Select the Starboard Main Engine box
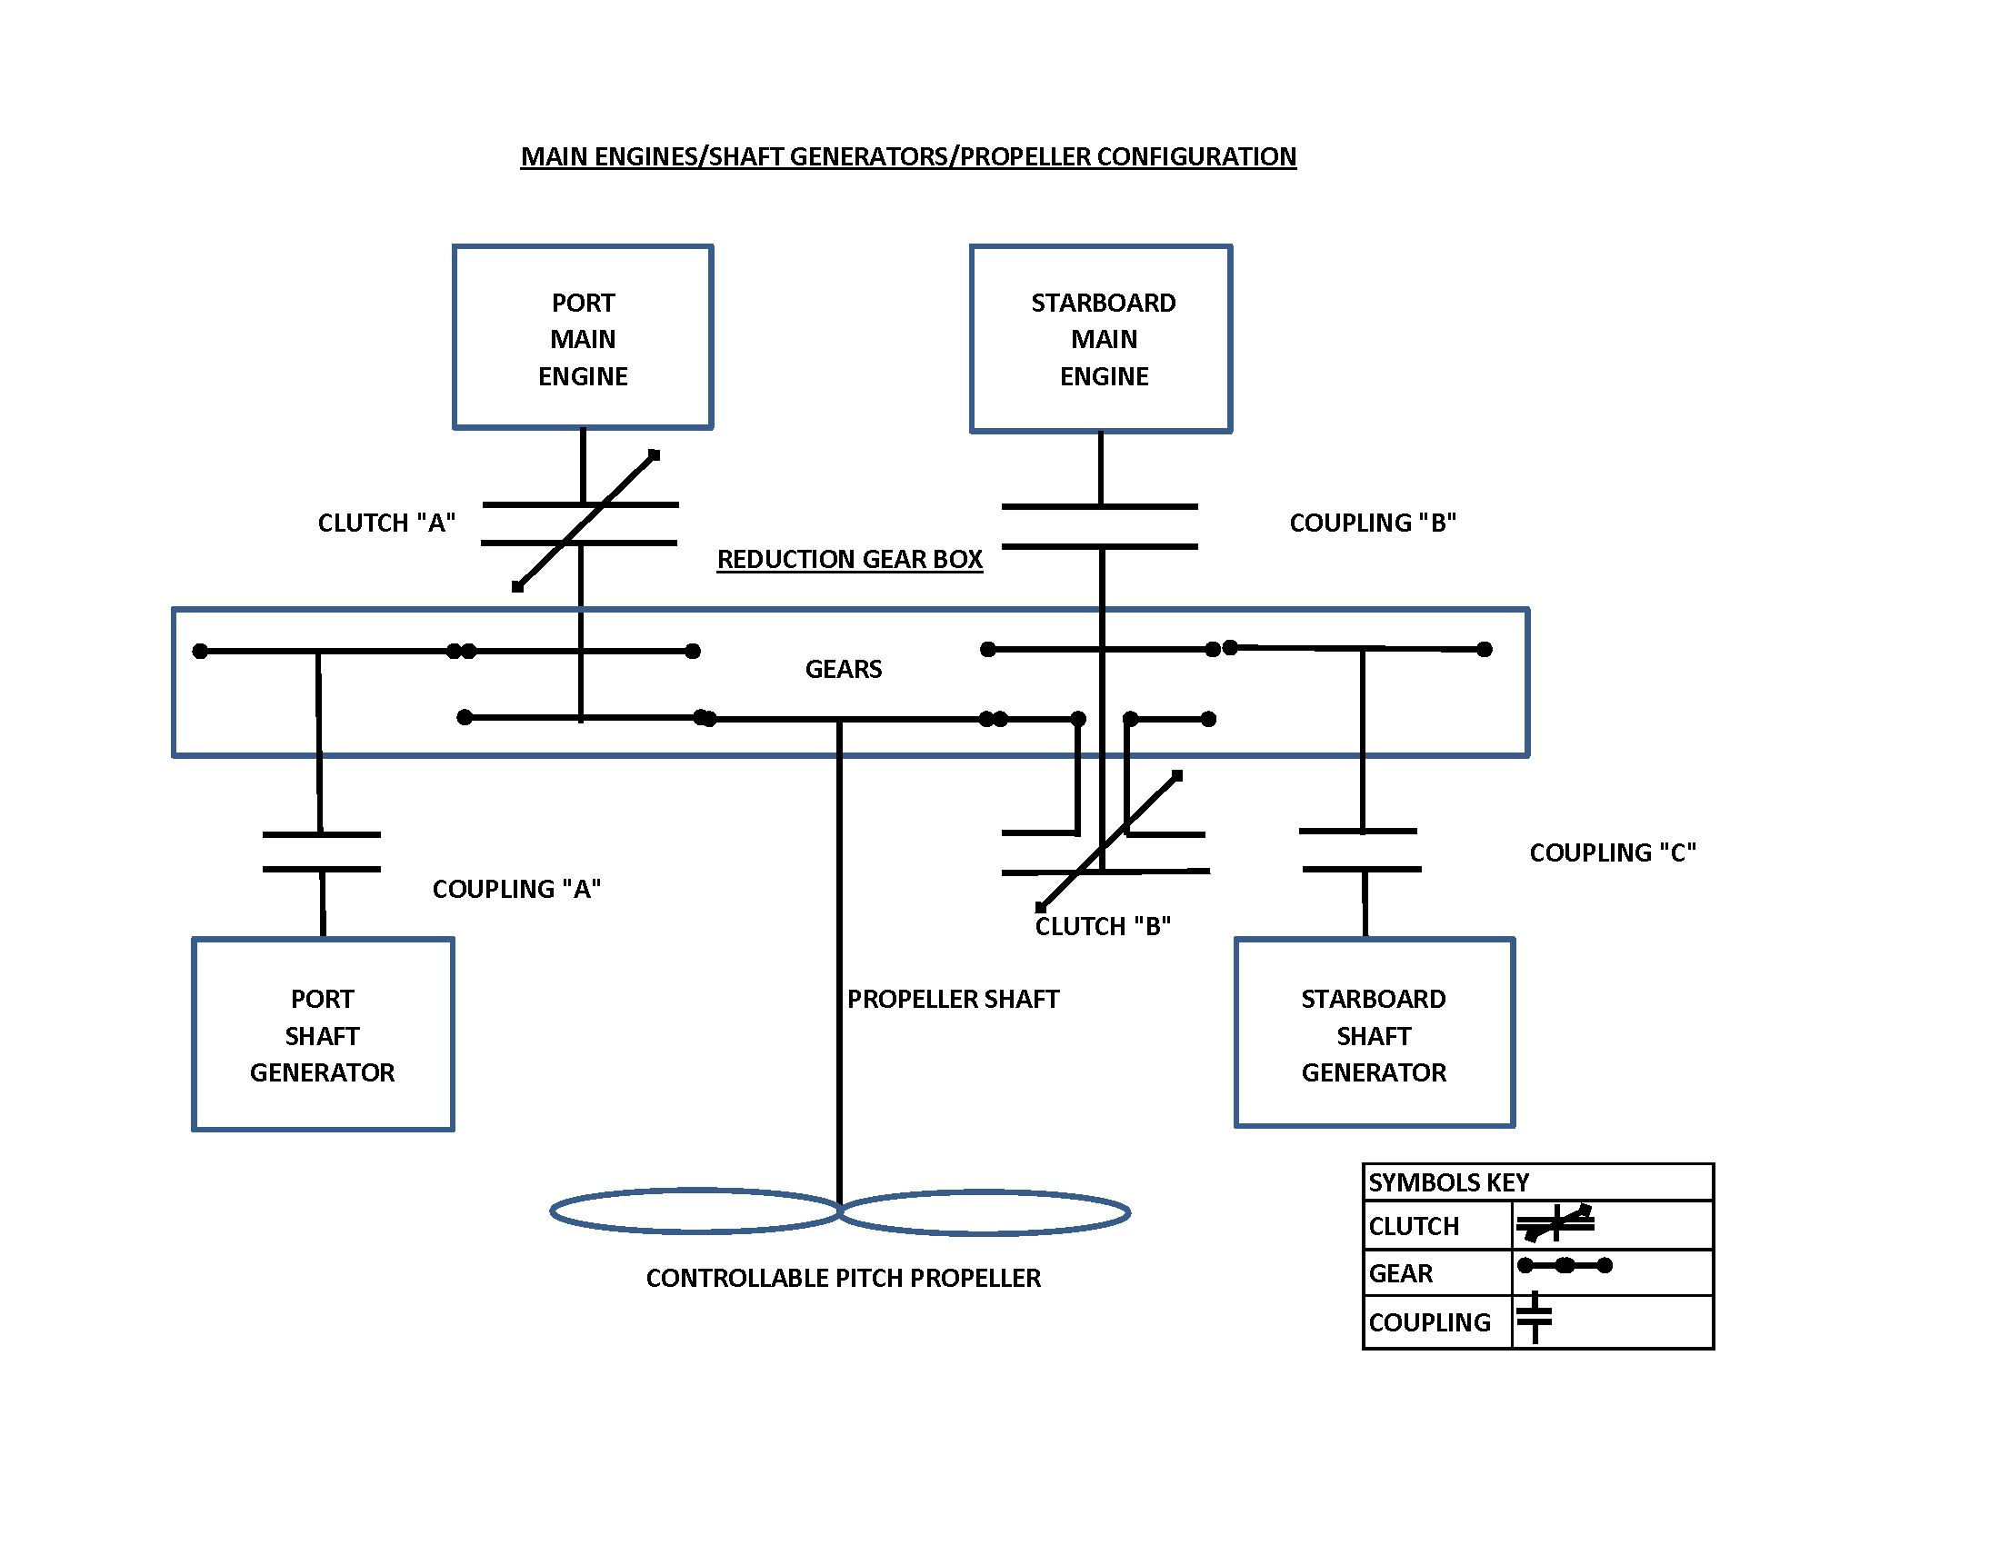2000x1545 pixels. tap(1101, 339)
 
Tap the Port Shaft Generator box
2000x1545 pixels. tap(323, 1034)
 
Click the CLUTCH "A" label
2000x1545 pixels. tap(385, 523)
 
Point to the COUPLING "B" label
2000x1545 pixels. tap(1372, 523)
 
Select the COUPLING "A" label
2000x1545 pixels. tap(515, 889)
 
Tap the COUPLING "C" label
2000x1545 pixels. tap(1612, 852)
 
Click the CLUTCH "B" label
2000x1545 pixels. tap(1102, 926)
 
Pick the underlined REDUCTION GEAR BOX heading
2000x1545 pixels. tap(849, 559)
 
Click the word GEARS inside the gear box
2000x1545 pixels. tap(843, 669)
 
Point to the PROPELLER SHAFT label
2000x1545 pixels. tap(953, 999)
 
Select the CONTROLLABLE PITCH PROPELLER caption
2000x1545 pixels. tap(843, 1278)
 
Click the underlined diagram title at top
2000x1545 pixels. tap(907, 156)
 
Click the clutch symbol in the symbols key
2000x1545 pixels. tap(1555, 1224)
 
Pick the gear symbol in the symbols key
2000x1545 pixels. tap(1565, 1266)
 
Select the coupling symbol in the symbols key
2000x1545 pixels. tap(1535, 1318)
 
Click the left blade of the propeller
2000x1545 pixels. tap(696, 1211)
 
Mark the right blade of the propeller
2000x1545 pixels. tap(985, 1212)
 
